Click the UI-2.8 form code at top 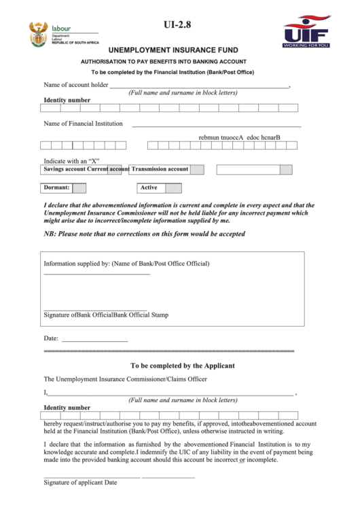178,25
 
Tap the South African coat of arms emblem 37,33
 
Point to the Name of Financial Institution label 83,124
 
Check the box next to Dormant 79,188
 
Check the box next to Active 174,188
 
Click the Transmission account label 160,169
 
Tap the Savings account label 65,169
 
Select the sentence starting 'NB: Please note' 144,234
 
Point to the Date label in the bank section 51,338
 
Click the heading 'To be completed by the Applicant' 183,365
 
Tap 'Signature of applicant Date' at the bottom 80,482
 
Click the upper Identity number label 67,100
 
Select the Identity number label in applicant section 67,408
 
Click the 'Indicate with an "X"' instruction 71,161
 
